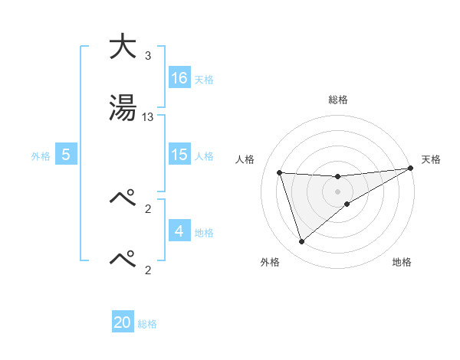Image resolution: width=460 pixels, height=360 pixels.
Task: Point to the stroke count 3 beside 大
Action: point(148,56)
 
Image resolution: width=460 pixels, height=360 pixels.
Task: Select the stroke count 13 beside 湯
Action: point(148,117)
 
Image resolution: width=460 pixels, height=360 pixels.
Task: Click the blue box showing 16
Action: point(179,77)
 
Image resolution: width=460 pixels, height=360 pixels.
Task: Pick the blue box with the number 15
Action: point(179,155)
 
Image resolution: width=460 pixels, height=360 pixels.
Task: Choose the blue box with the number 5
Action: point(67,155)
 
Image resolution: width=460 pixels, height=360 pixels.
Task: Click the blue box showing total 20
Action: point(123,322)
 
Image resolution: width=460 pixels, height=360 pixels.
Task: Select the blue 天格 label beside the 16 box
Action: point(204,79)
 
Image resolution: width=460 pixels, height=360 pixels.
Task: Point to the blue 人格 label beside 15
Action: point(204,155)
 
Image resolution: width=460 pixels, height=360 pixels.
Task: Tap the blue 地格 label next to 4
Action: point(204,232)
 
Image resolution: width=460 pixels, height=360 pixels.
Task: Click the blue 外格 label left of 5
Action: point(41,155)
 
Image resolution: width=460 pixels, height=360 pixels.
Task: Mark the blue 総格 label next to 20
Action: point(147,324)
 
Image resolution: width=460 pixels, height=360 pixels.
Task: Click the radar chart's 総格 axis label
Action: point(338,100)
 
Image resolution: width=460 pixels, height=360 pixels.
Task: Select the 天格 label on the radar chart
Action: point(431,159)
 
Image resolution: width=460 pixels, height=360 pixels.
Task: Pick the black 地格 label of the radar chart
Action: point(402,262)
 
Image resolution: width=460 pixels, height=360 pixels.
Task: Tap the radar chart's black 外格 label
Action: point(270,262)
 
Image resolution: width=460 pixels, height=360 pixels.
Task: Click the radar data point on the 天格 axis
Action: point(409,169)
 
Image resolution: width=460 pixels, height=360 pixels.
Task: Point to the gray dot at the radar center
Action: point(337,191)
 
